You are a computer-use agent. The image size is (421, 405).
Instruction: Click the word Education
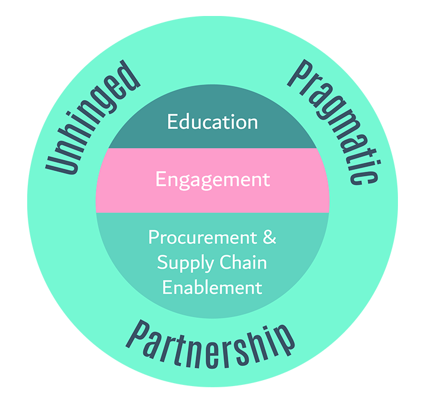[x=212, y=122]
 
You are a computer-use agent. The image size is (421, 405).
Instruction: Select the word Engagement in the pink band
[x=212, y=179]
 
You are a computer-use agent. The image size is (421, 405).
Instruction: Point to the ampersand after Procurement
[x=269, y=237]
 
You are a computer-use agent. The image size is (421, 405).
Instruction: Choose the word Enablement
[x=212, y=288]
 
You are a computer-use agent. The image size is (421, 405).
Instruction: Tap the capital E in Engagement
[x=161, y=179]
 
